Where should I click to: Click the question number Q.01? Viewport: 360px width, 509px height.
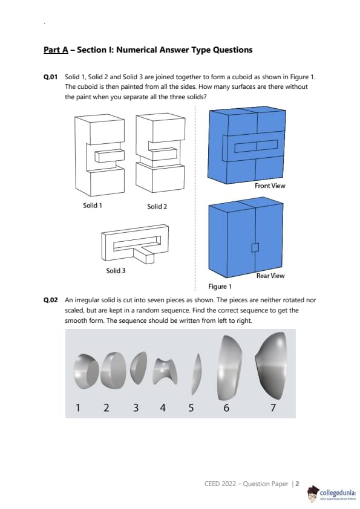(x=50, y=77)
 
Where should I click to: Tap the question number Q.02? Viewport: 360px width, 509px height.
(x=50, y=300)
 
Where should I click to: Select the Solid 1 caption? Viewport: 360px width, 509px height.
(x=93, y=205)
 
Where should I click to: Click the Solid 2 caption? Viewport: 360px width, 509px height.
(x=157, y=207)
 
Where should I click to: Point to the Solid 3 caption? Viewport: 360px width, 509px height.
(x=116, y=271)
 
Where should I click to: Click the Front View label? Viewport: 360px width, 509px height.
(x=270, y=186)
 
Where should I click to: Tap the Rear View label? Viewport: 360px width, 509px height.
(x=270, y=276)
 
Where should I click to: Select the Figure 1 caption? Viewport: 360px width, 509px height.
(x=220, y=287)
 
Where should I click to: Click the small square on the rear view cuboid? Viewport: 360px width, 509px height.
(x=255, y=247)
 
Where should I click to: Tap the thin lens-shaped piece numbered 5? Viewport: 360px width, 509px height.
(x=196, y=374)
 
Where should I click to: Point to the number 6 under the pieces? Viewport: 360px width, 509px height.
(x=226, y=407)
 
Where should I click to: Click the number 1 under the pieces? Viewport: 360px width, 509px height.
(x=77, y=407)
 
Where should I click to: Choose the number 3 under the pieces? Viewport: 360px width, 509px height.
(x=136, y=407)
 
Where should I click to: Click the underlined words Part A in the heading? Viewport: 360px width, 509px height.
(x=56, y=50)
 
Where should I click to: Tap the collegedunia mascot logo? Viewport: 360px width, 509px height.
(x=313, y=493)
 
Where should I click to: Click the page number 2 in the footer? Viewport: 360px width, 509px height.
(x=297, y=484)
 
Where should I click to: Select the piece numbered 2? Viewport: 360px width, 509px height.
(x=113, y=371)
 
